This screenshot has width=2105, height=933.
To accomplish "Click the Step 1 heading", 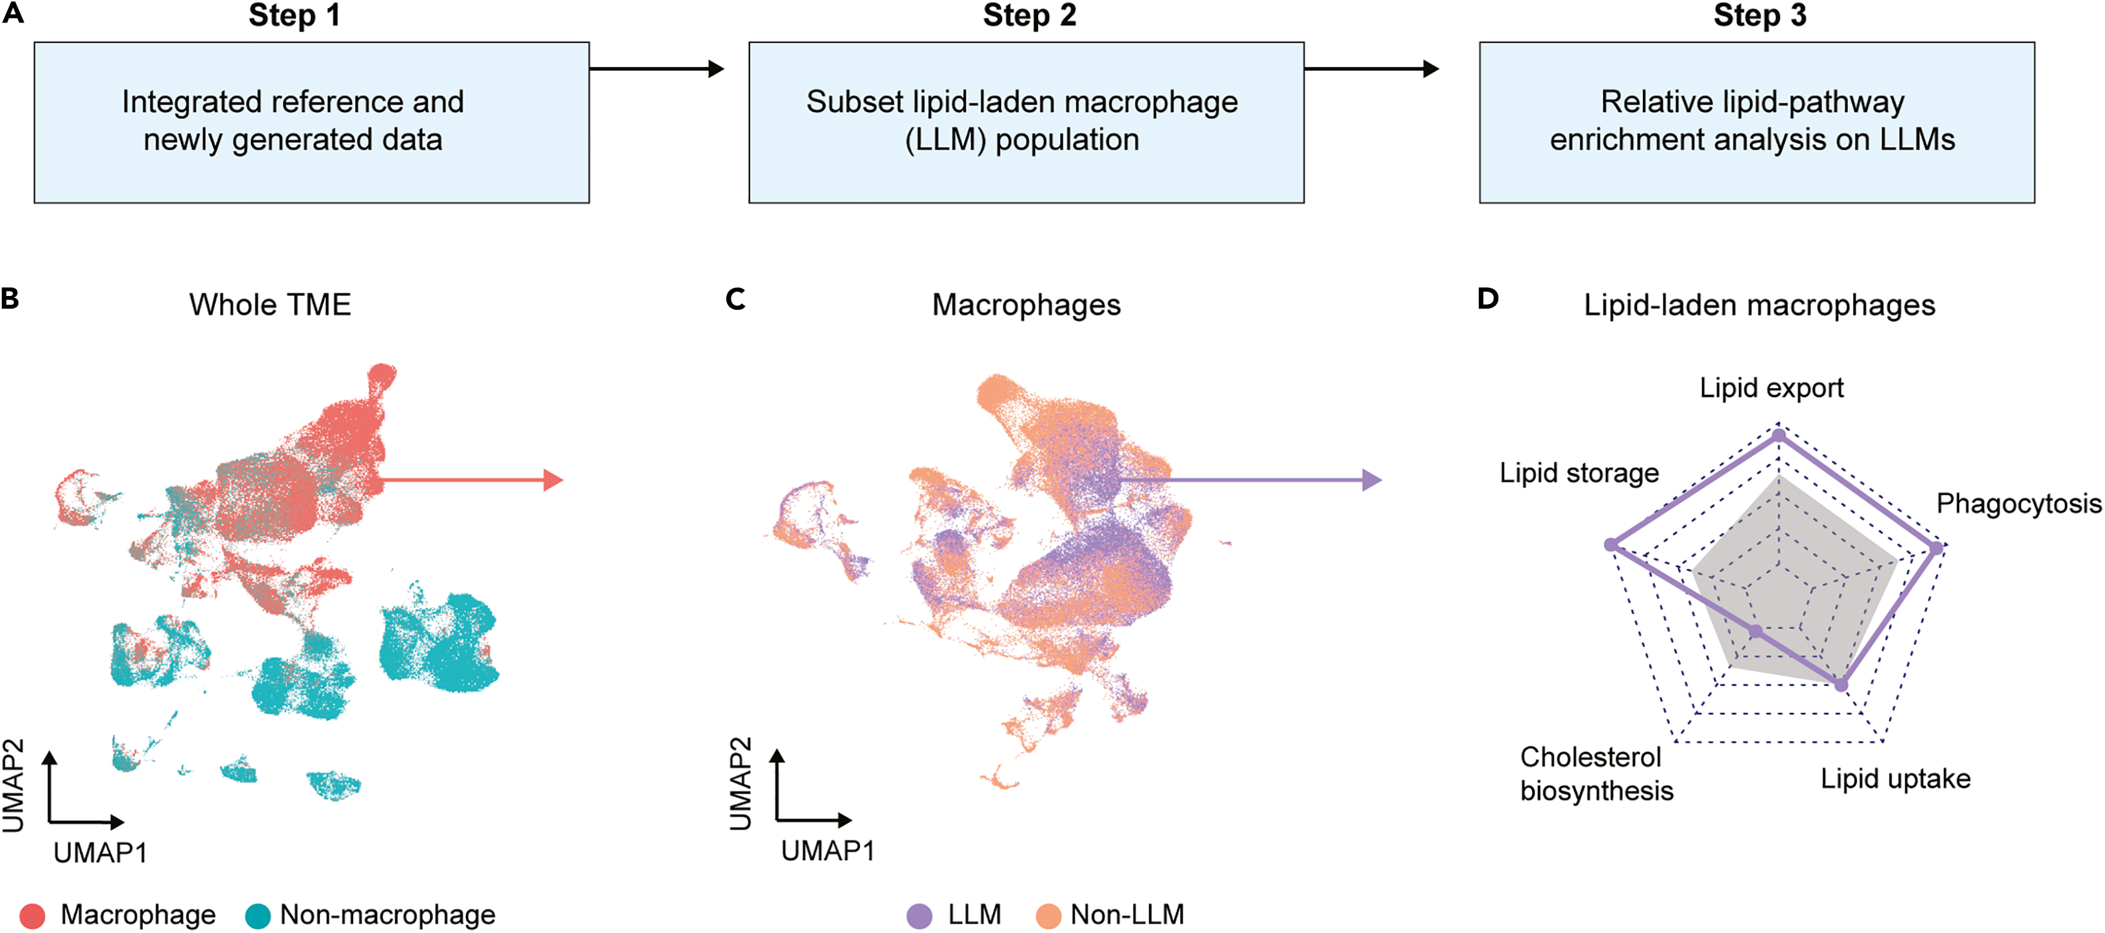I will (294, 16).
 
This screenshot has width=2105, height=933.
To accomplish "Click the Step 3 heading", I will (1759, 16).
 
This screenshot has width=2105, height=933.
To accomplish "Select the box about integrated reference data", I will (311, 123).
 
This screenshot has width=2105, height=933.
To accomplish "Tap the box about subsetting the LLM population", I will (1026, 123).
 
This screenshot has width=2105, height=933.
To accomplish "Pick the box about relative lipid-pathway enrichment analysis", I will (1756, 123).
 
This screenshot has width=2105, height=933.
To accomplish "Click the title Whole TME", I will (270, 305).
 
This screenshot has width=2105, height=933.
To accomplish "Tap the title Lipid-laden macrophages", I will (1759, 305).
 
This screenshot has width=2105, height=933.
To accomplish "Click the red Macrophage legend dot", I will (32, 916).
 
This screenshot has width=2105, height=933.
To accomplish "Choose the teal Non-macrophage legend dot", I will (258, 916).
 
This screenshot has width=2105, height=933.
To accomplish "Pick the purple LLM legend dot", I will (919, 916).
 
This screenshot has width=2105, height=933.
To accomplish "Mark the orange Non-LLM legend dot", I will (1047, 916).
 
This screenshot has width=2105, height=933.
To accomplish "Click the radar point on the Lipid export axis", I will (1778, 436).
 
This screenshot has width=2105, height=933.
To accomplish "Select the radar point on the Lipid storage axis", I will (1610, 545).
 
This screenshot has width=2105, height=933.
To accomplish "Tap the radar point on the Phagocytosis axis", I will (1936, 548).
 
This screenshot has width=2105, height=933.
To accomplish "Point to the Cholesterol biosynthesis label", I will (1596, 773).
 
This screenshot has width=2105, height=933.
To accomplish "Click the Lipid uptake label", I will (1895, 778).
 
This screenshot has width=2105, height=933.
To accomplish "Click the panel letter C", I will (736, 299).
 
